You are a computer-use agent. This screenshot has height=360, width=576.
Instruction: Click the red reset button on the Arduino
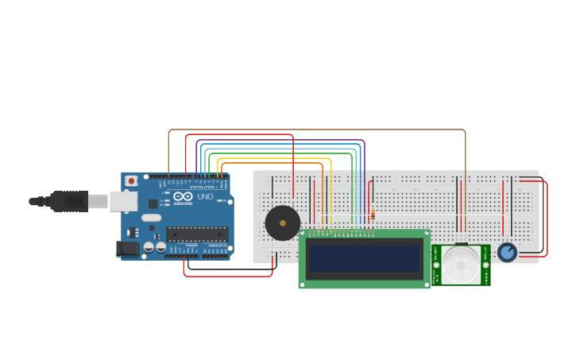[132, 181]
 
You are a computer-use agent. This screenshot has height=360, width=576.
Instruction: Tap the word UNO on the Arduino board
[205, 196]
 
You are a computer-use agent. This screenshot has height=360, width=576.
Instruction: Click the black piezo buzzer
[282, 223]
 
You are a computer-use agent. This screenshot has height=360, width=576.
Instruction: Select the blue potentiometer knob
[507, 252]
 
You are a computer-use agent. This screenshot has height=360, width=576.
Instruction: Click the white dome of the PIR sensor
[462, 265]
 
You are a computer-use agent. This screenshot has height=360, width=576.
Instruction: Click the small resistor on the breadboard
[373, 215]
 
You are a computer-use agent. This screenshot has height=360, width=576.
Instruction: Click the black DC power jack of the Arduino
[128, 249]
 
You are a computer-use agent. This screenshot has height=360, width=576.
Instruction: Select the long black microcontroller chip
[197, 234]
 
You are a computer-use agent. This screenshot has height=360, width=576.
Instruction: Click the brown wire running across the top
[318, 130]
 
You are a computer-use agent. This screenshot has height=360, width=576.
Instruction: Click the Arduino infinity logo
[183, 196]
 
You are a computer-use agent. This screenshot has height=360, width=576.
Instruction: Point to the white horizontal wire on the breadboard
[413, 215]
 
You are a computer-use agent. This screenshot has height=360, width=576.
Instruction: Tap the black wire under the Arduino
[230, 269]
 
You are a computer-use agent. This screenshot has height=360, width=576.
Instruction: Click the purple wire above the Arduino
[278, 140]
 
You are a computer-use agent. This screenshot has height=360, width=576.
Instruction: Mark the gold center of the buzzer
[282, 223]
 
